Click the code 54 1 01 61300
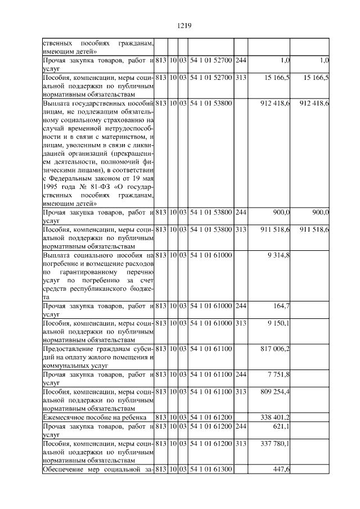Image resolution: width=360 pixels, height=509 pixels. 210,469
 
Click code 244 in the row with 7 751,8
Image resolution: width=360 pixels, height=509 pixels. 241,374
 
